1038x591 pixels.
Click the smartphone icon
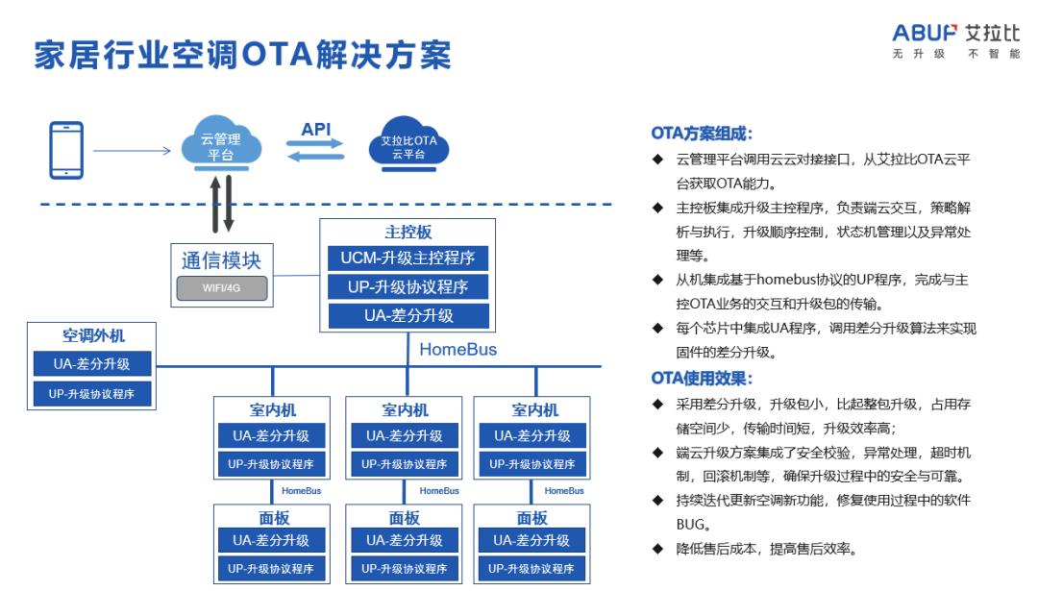pyautogui.click(x=65, y=149)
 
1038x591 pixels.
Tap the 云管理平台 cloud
pyautogui.click(x=221, y=146)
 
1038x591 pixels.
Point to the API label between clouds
pyautogui.click(x=315, y=128)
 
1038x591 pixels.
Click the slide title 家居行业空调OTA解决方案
pyautogui.click(x=242, y=56)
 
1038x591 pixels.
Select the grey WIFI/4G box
pyautogui.click(x=221, y=287)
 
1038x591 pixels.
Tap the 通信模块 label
pyautogui.click(x=221, y=260)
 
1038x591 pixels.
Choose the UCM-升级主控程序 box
pyautogui.click(x=408, y=259)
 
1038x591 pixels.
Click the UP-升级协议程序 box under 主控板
pyautogui.click(x=408, y=287)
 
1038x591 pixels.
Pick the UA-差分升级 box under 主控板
pyautogui.click(x=408, y=315)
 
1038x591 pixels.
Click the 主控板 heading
pyautogui.click(x=408, y=234)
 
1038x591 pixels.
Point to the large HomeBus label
pyautogui.click(x=458, y=350)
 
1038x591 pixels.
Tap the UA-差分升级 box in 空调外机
pyautogui.click(x=92, y=364)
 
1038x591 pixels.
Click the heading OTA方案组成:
pyautogui.click(x=702, y=134)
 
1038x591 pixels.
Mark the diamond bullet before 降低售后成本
pyautogui.click(x=657, y=550)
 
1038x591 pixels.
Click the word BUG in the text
pyautogui.click(x=691, y=526)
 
